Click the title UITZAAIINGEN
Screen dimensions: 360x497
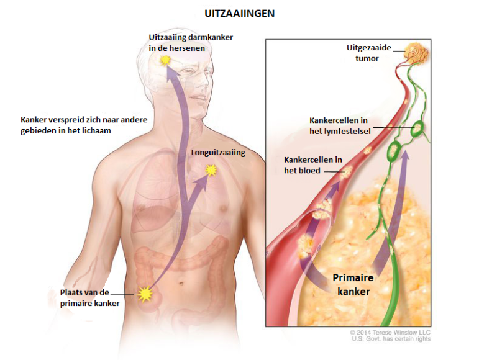(240, 12)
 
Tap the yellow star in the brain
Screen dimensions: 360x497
(165, 60)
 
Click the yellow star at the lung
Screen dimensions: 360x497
(211, 169)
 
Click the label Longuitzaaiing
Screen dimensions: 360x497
(218, 152)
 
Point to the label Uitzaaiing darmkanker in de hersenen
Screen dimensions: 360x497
(191, 42)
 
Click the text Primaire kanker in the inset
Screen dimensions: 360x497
(353, 284)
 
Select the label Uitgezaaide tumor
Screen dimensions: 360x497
(363, 53)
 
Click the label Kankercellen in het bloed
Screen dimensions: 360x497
(312, 165)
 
